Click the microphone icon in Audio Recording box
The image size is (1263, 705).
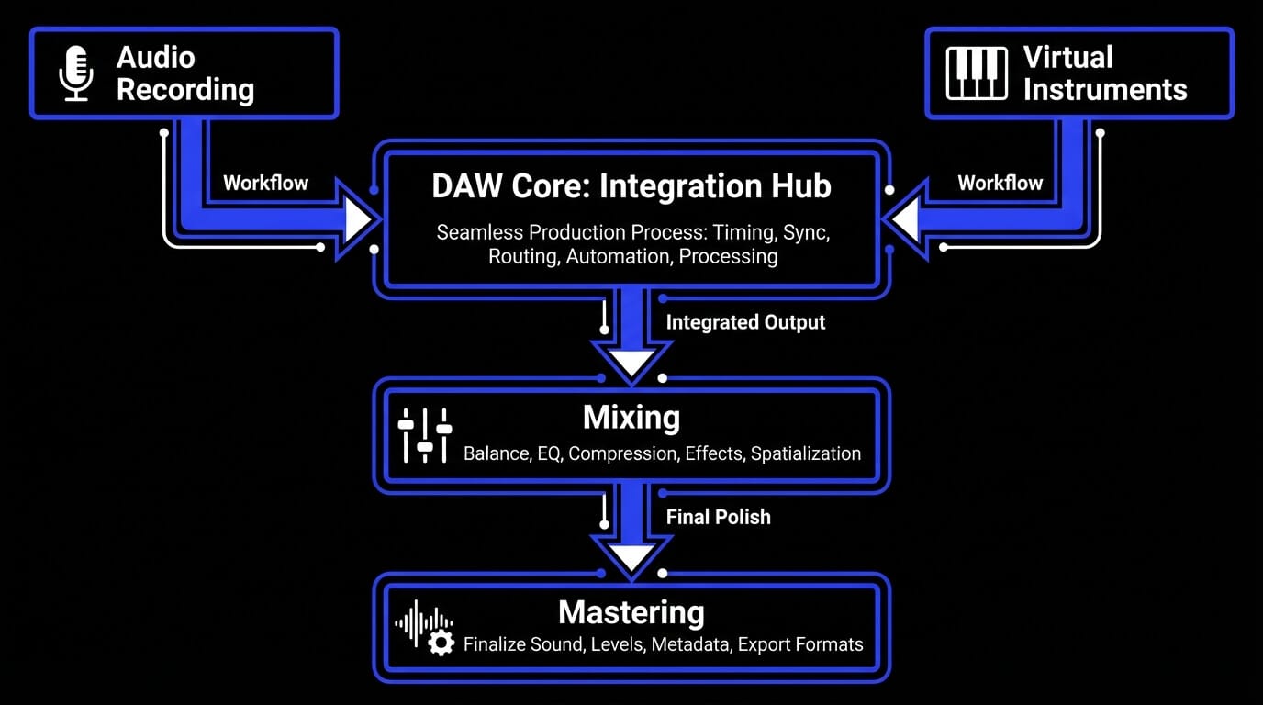click(76, 73)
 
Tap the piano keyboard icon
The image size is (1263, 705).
click(976, 73)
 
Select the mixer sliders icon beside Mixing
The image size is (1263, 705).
click(425, 435)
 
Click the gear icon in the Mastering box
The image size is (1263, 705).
click(441, 643)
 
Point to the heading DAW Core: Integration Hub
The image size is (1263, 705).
click(631, 186)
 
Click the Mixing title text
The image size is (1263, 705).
click(631, 418)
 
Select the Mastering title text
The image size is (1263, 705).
click(631, 612)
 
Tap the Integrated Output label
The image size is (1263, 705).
click(745, 322)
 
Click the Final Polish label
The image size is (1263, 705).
click(718, 517)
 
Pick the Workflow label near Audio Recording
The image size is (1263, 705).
click(266, 183)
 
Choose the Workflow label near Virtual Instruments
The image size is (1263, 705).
click(1000, 183)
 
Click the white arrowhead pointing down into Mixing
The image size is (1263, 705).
click(631, 364)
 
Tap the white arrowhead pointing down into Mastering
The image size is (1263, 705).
click(631, 557)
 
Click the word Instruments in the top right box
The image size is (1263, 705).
click(1104, 90)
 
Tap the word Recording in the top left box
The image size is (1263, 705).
click(185, 90)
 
